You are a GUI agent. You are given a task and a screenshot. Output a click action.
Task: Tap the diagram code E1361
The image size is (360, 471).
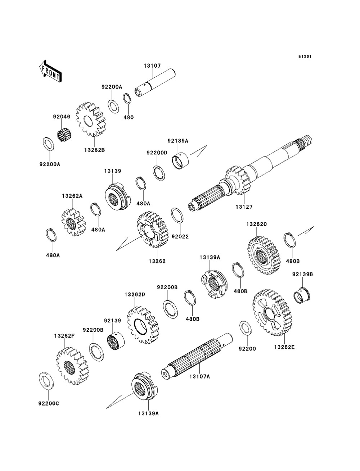pos(305,56)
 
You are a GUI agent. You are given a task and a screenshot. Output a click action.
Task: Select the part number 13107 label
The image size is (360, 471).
pos(152,65)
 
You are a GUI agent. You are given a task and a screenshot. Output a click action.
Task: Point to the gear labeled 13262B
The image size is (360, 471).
pos(91,119)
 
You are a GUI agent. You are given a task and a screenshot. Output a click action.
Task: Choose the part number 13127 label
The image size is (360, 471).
pos(244,207)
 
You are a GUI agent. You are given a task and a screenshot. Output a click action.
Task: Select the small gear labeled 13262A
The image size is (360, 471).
pos(74,222)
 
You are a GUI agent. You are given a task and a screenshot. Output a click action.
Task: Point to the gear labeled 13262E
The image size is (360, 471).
pos(272,312)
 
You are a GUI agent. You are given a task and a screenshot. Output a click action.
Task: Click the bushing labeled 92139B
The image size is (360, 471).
pos(302,295)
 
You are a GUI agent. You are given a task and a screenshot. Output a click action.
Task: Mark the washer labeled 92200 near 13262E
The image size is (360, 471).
pos(245,328)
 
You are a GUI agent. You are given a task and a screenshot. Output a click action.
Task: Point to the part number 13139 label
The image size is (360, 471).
pos(113,171)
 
